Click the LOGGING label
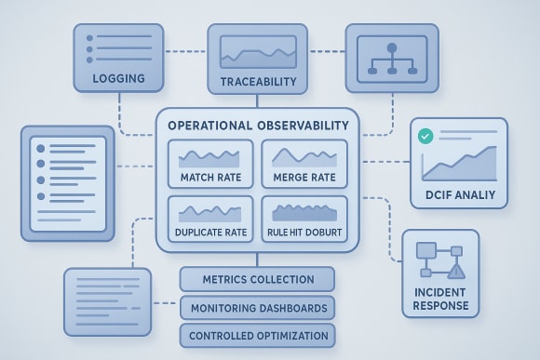(118, 78)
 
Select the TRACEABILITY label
(258, 82)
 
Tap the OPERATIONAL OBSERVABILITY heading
(258, 125)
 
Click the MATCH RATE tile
(209, 164)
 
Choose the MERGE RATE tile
(304, 164)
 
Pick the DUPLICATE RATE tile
(209, 220)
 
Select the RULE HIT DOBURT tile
(304, 220)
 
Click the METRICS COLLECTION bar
(257, 279)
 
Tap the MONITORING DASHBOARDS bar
(257, 308)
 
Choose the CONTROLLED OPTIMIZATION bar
(257, 336)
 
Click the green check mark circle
(425, 137)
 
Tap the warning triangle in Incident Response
(455, 271)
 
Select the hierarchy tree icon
(391, 58)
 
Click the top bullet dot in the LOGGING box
(90, 38)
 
